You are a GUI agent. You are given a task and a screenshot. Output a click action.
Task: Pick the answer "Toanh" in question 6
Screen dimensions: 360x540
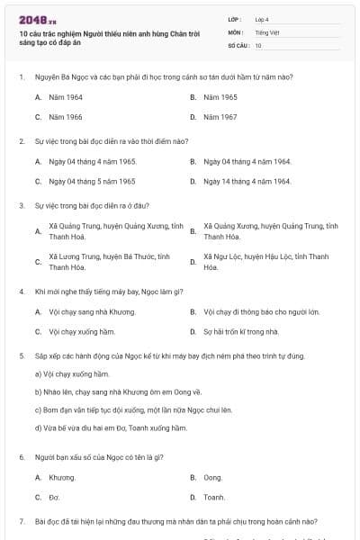[x=214, y=497]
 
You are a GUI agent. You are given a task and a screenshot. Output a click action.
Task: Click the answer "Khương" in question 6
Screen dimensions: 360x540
[x=62, y=477]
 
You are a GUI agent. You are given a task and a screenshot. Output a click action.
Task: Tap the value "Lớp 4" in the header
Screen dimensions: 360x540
[x=262, y=18]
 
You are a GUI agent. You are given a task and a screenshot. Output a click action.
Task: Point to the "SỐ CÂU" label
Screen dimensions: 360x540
[x=237, y=45]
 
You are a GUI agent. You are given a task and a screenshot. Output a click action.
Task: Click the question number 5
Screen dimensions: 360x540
[x=21, y=355]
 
